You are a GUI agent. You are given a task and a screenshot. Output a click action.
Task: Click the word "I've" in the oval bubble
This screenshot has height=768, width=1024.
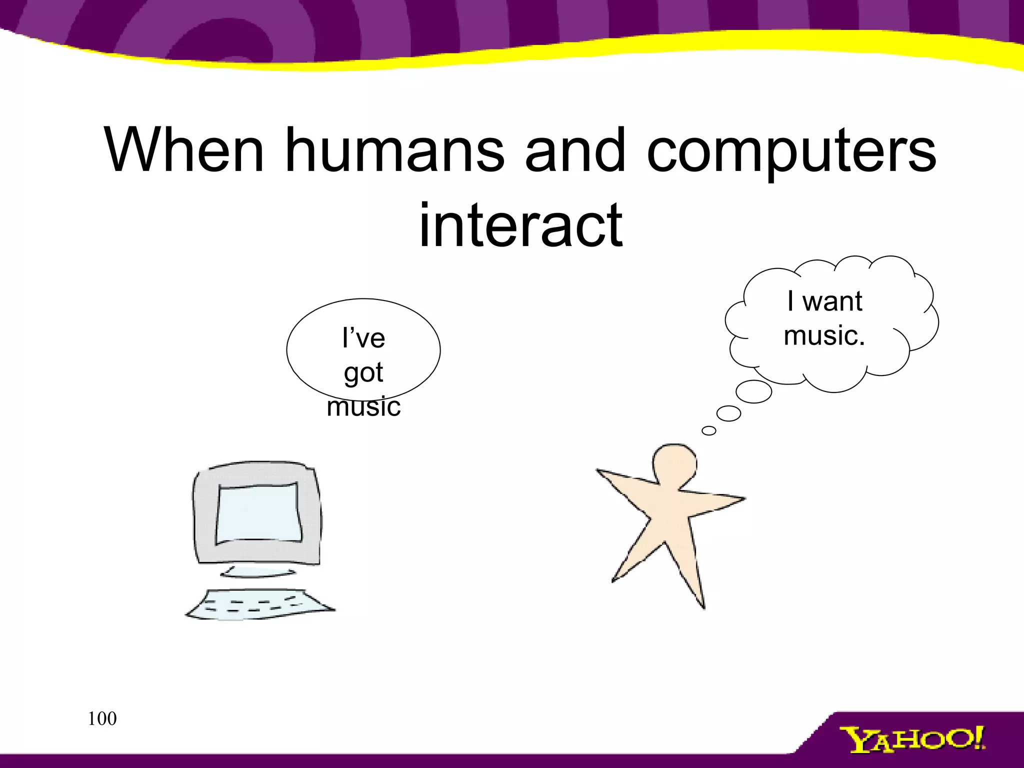pos(363,338)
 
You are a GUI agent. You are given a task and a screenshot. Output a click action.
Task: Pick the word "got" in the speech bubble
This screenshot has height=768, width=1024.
pos(363,373)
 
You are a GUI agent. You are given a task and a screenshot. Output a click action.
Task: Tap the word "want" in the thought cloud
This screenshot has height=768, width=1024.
pos(832,301)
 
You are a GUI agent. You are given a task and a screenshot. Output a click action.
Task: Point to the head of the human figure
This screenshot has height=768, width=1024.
pos(674,464)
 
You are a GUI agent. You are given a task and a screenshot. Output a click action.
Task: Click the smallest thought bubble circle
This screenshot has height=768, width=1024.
pos(708,430)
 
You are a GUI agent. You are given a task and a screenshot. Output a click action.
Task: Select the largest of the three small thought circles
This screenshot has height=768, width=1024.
pos(753,391)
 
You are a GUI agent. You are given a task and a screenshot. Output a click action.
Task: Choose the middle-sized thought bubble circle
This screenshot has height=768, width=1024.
pos(728,413)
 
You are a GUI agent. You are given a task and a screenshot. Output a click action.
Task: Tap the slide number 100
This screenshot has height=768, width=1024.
pos(102,718)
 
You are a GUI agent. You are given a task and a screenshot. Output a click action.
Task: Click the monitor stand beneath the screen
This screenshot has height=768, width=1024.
pos(257,571)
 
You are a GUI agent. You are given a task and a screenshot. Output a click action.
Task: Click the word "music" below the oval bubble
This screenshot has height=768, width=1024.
pos(363,406)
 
